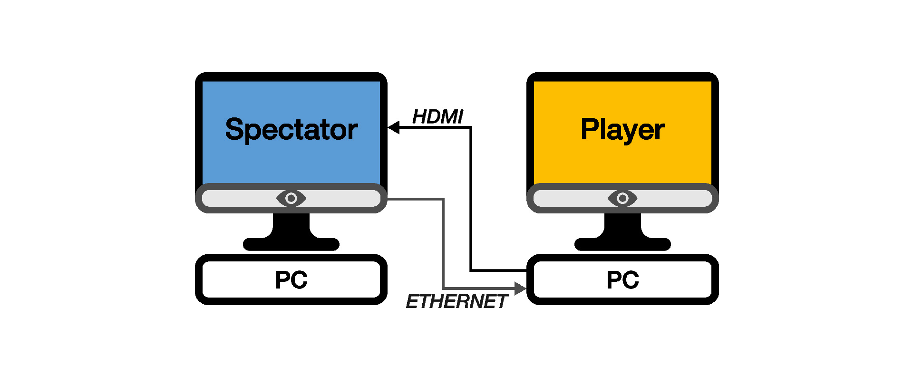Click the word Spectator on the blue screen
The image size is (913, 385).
coord(291,130)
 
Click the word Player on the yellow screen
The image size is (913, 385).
coord(622,130)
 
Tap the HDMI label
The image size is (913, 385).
coord(437,117)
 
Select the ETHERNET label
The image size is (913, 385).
coord(456,301)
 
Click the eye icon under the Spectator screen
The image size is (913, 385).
coord(291,198)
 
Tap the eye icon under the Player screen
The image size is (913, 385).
coord(622,198)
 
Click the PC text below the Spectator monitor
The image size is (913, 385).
coord(291,280)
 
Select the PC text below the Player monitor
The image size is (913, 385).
coord(622,280)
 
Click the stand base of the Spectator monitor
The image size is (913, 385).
coord(291,244)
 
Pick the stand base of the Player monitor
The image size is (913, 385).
coord(622,244)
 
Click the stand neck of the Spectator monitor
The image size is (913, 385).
coord(291,223)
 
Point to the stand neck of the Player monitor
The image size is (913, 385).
coord(622,223)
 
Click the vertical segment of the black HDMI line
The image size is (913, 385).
coord(471,200)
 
